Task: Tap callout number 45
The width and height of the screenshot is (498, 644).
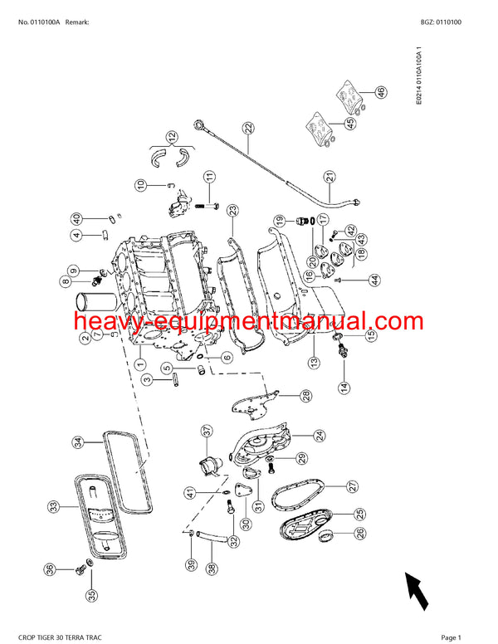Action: coord(350,124)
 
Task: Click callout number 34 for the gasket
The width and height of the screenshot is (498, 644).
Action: coord(76,442)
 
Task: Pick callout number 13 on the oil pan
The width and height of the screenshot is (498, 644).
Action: coord(314,362)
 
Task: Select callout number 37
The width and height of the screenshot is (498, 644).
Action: coord(207,430)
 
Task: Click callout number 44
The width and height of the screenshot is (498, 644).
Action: coord(374,280)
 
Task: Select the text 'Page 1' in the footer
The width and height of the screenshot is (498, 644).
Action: coord(451,637)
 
